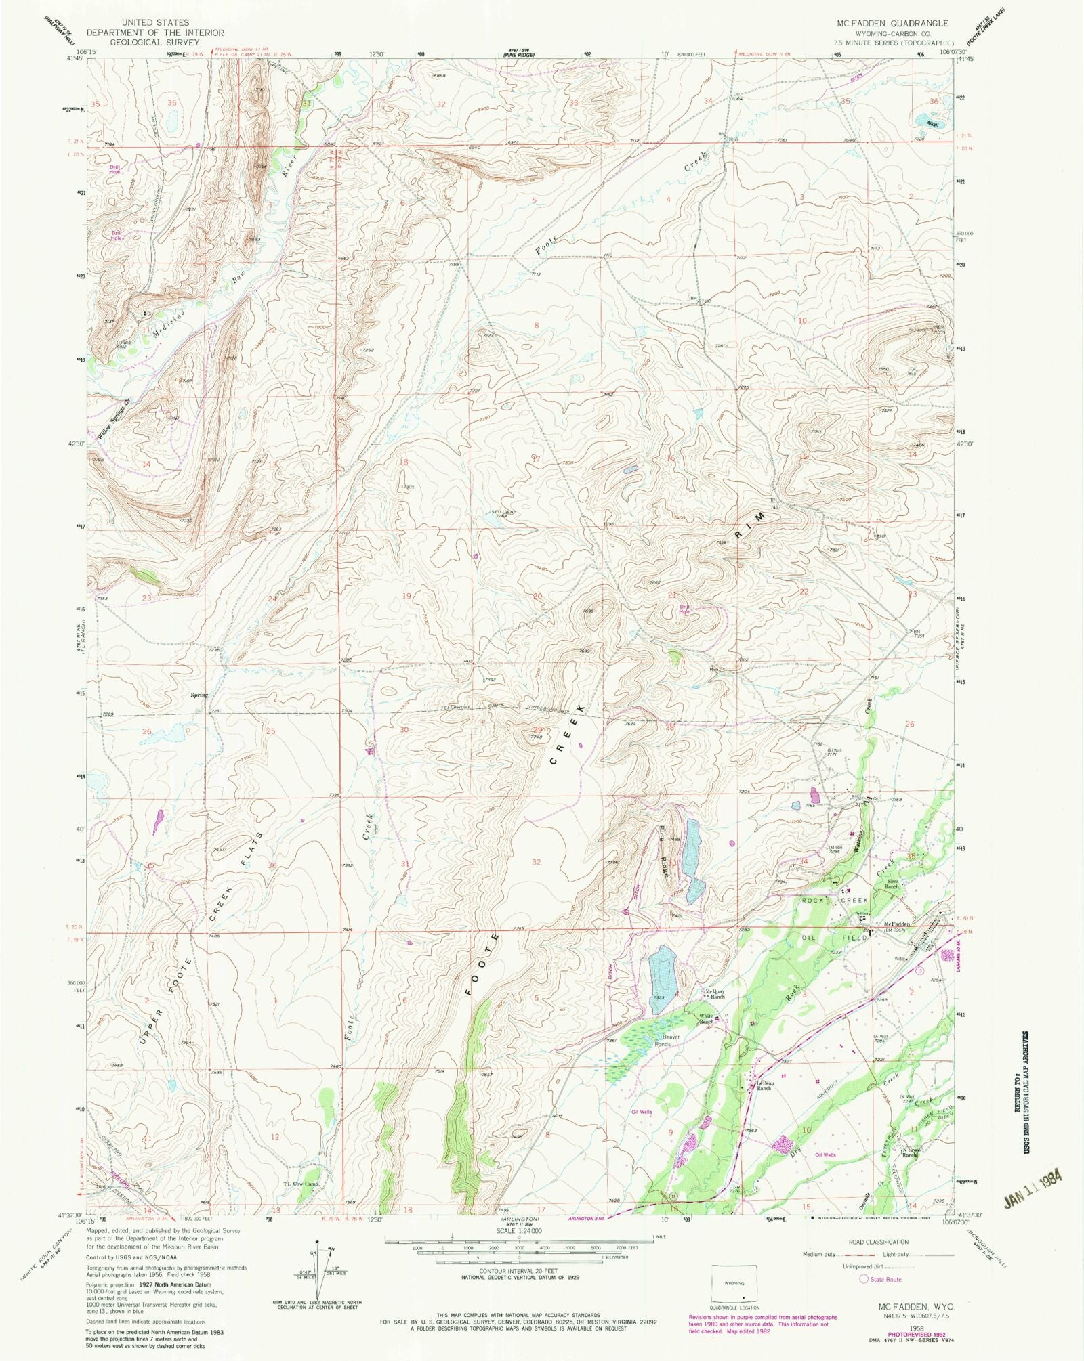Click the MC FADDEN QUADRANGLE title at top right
click(892, 23)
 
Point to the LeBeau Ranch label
click(764, 1086)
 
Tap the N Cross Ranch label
click(909, 1152)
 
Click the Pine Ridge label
click(664, 852)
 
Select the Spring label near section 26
click(199, 695)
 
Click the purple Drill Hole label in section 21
click(684, 609)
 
